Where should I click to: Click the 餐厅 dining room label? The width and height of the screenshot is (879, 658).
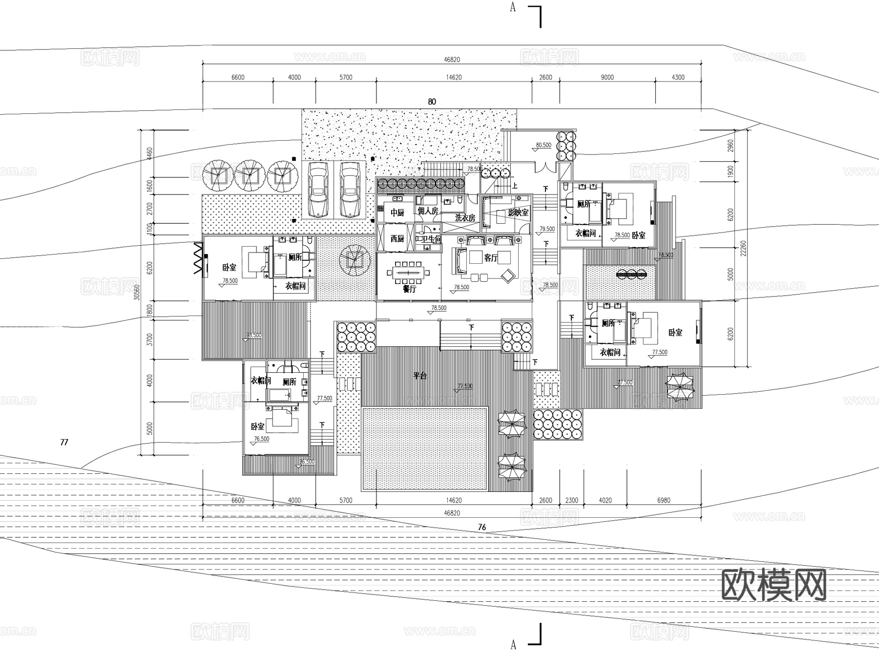(x=409, y=289)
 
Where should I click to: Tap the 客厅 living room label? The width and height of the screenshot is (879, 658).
(x=491, y=257)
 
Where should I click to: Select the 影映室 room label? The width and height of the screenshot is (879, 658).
(x=518, y=212)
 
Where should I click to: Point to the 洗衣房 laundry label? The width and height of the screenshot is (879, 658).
(x=464, y=218)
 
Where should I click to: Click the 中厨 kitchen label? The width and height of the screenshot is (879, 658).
(x=397, y=212)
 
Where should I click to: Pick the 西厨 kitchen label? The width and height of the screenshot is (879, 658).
(x=397, y=238)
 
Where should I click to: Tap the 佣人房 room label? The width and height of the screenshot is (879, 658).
(x=428, y=211)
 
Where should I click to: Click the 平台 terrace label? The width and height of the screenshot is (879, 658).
(x=420, y=376)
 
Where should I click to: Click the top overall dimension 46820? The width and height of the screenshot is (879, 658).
(x=452, y=60)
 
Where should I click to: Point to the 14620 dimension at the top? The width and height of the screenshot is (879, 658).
(x=454, y=77)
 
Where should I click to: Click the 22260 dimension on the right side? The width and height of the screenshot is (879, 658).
(x=743, y=248)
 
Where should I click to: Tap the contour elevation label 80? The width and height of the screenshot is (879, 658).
(x=432, y=102)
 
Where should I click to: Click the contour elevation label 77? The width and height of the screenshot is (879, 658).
(x=64, y=442)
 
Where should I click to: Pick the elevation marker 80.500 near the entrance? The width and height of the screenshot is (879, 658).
(x=543, y=145)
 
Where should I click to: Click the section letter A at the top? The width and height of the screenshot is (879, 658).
(x=513, y=7)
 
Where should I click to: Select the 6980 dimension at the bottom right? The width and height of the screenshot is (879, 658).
(x=664, y=500)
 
